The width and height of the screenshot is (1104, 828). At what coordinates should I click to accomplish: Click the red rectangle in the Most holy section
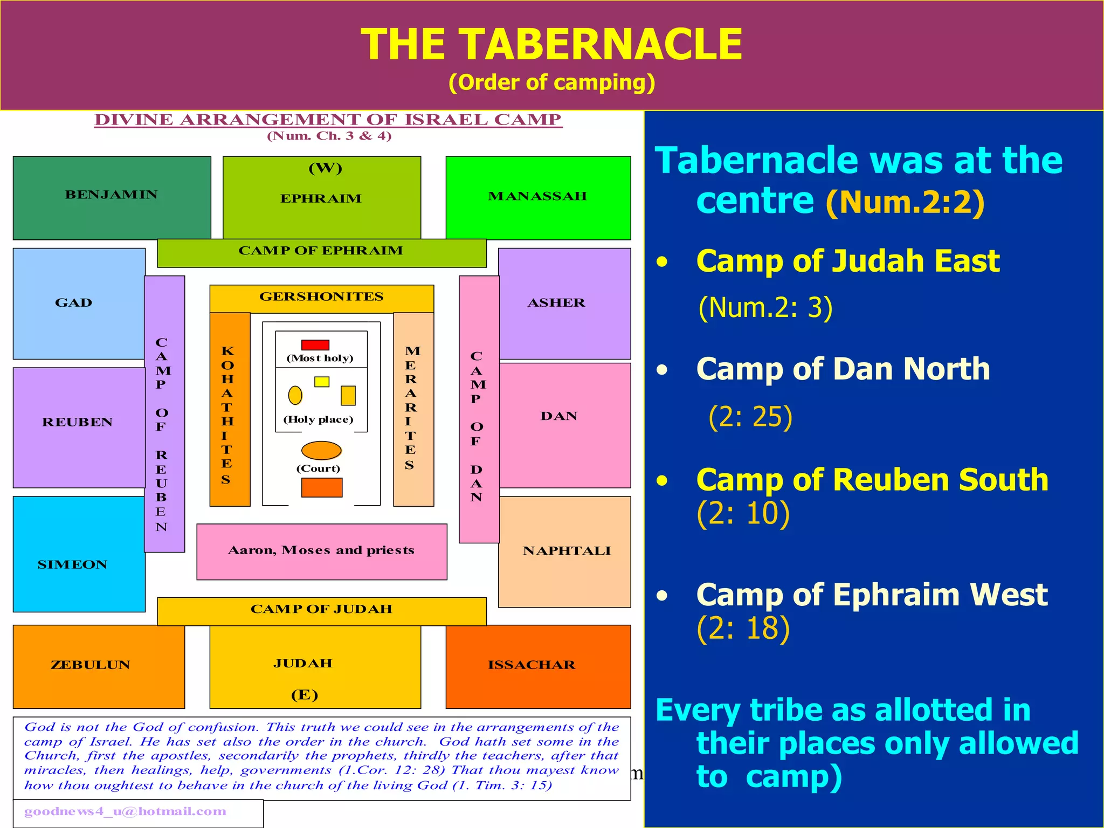tap(315, 345)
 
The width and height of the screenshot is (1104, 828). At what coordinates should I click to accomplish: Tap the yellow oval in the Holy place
tap(295, 395)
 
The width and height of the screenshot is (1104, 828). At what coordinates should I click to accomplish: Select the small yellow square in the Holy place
tap(322, 382)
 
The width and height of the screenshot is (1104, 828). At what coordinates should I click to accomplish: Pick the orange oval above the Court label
tap(321, 451)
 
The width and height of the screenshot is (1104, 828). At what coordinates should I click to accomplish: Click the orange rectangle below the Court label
tap(322, 487)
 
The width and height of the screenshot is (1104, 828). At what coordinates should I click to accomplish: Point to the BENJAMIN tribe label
tap(112, 195)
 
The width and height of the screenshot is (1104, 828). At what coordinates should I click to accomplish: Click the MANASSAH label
tap(537, 196)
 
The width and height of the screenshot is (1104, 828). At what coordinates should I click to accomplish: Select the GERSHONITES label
tap(321, 296)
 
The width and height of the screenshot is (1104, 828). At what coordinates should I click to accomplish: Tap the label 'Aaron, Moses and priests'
tap(321, 550)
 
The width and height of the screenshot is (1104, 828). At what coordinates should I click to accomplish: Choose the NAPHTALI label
tap(567, 551)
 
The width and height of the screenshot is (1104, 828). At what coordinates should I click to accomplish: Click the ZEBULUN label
tap(91, 665)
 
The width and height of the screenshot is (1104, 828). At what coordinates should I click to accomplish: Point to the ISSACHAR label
tap(532, 665)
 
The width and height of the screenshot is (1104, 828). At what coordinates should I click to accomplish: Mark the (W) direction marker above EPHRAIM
tap(325, 168)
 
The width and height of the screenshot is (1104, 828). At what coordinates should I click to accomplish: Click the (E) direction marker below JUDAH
tap(305, 695)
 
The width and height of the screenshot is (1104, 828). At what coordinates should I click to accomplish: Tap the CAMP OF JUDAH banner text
tap(321, 609)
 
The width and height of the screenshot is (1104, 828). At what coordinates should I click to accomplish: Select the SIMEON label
tap(72, 564)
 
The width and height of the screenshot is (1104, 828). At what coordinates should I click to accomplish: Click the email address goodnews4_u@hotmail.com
tap(125, 811)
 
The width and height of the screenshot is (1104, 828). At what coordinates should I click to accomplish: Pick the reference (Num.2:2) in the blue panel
tap(905, 202)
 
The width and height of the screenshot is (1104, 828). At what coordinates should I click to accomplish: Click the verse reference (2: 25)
tap(750, 417)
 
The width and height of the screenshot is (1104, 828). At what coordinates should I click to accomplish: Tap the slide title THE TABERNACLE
tap(551, 44)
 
